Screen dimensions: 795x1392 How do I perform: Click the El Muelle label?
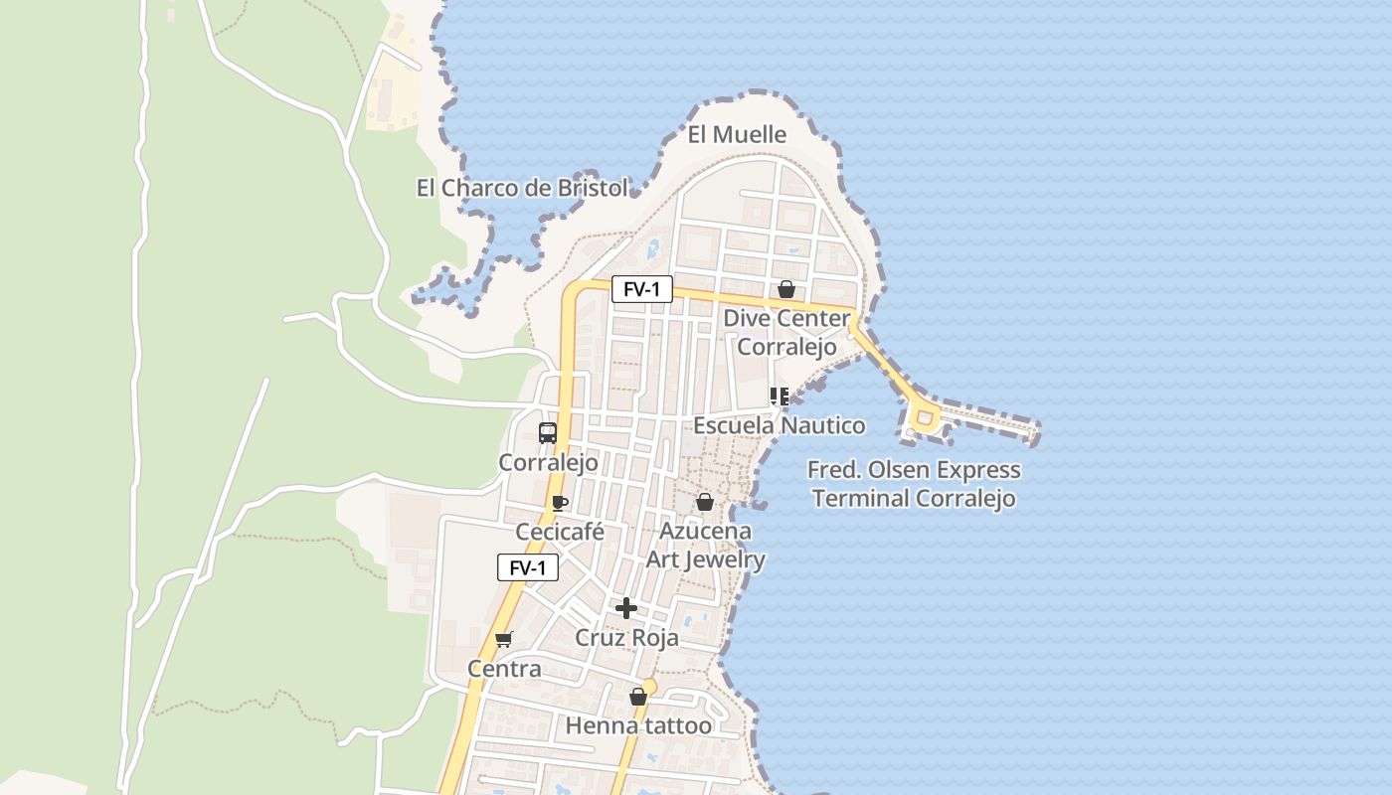pyautogui.click(x=737, y=134)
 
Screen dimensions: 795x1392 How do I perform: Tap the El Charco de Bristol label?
pyautogui.click(x=522, y=188)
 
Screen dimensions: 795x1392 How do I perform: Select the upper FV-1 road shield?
pyautogui.click(x=641, y=289)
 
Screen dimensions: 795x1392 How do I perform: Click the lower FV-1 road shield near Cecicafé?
pyautogui.click(x=527, y=567)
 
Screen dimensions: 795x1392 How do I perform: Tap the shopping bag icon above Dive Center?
pyautogui.click(x=786, y=289)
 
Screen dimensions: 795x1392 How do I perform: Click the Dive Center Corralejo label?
pyautogui.click(x=786, y=333)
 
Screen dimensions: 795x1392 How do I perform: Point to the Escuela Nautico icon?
pyautogui.click(x=780, y=397)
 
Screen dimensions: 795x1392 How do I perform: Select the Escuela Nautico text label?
pyautogui.click(x=779, y=425)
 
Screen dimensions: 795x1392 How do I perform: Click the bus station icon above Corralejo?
pyautogui.click(x=548, y=432)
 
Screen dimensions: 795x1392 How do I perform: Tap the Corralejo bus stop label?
pyautogui.click(x=548, y=462)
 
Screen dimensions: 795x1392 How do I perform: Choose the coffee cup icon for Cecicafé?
pyautogui.click(x=559, y=503)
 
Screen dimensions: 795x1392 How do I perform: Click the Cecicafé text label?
pyautogui.click(x=560, y=532)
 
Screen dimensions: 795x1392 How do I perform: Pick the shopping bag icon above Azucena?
pyautogui.click(x=705, y=502)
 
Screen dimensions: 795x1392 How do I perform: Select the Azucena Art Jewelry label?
pyautogui.click(x=706, y=546)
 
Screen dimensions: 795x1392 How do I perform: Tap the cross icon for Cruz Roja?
pyautogui.click(x=626, y=607)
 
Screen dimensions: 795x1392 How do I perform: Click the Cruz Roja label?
pyautogui.click(x=627, y=637)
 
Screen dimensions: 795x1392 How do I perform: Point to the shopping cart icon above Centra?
pyautogui.click(x=504, y=639)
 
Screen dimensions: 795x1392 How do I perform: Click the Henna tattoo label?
pyautogui.click(x=638, y=725)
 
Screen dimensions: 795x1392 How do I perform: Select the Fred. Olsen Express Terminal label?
pyautogui.click(x=915, y=484)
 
